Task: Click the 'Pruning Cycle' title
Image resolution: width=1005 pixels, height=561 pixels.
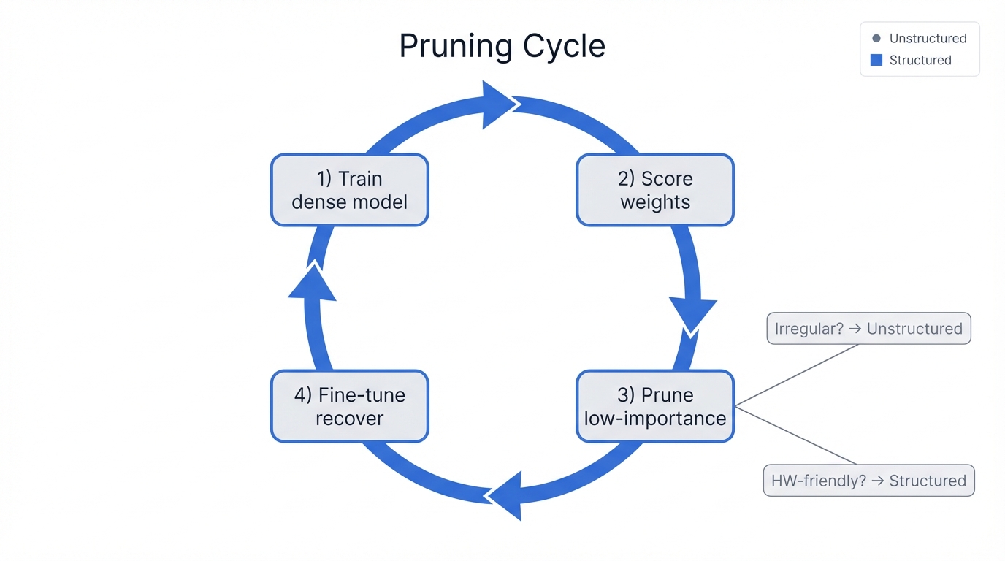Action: click(x=502, y=46)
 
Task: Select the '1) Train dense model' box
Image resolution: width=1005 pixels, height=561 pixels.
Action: click(x=349, y=190)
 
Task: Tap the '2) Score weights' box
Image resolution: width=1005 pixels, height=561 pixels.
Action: click(x=655, y=190)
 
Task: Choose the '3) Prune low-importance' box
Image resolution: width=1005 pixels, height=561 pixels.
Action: click(x=655, y=406)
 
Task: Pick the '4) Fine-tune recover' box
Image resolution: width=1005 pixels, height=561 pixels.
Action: click(x=349, y=406)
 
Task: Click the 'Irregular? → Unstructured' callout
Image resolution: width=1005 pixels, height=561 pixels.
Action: click(x=868, y=329)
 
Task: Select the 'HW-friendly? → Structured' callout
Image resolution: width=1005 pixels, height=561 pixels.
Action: click(x=868, y=481)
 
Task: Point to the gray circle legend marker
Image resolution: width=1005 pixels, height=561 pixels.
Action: click(x=876, y=38)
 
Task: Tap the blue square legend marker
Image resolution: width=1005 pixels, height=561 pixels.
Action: click(x=876, y=60)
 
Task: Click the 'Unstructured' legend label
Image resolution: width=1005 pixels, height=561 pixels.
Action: click(x=928, y=38)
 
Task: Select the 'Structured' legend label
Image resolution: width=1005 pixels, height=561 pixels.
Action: click(x=920, y=60)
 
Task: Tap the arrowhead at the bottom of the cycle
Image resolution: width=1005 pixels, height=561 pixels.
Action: click(x=506, y=495)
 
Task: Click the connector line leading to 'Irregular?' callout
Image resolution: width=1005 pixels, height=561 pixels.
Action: click(x=796, y=375)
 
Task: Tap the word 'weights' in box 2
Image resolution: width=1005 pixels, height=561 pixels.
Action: click(x=655, y=202)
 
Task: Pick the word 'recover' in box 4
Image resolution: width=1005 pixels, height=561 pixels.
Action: click(x=349, y=419)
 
